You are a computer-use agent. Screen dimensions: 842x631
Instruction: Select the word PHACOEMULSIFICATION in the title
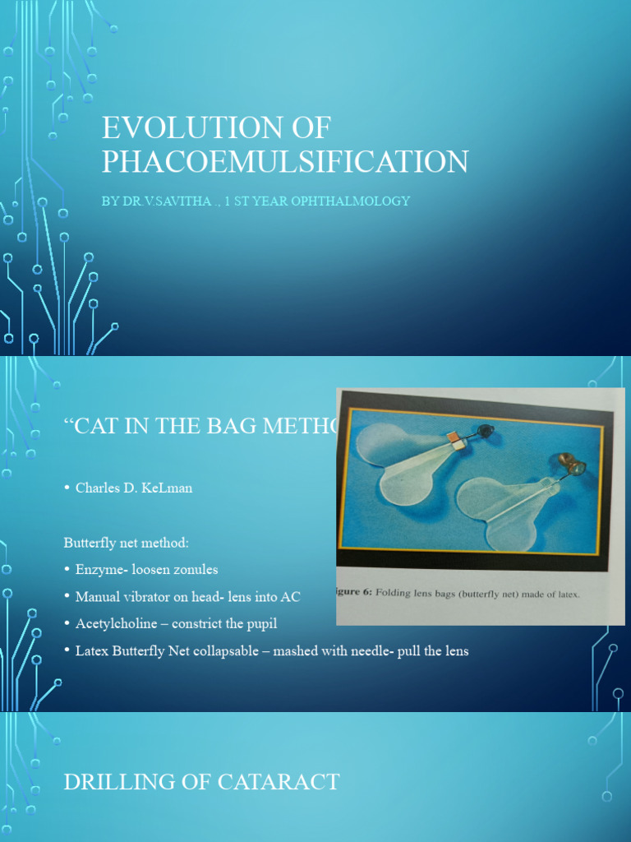(x=285, y=161)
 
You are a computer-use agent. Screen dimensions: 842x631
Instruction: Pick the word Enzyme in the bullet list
(x=99, y=569)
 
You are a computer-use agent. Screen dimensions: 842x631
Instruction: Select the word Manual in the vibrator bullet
(x=96, y=596)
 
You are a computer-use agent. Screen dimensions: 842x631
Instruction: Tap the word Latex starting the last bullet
(x=91, y=650)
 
